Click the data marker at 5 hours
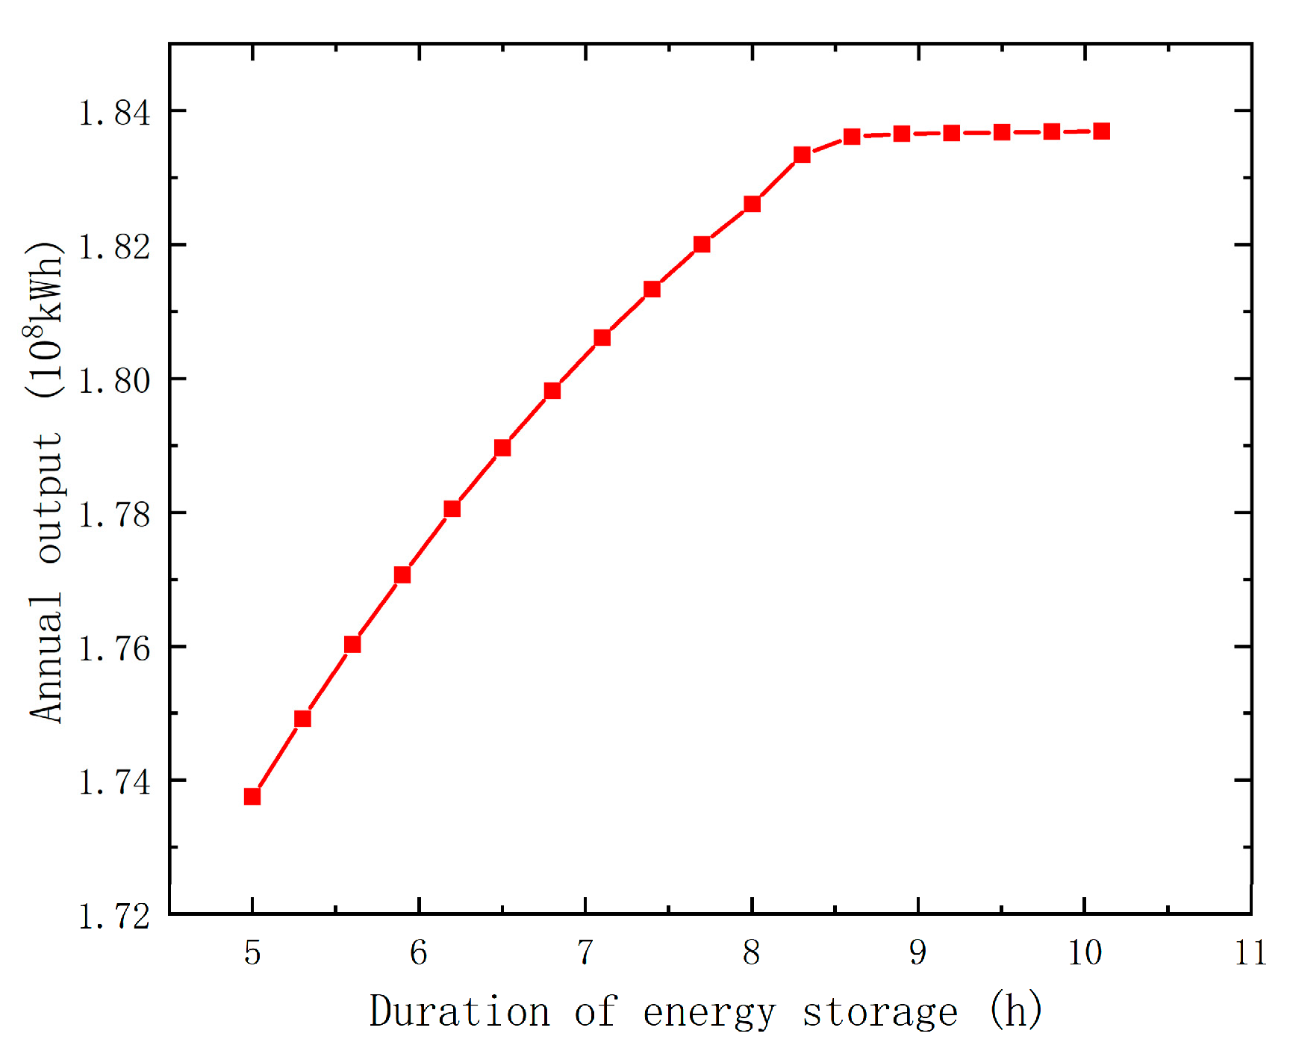coord(252,796)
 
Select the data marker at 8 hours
coord(752,204)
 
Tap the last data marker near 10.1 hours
coord(1101,131)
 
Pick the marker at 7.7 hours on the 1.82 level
coord(702,244)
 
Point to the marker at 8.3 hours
coord(802,155)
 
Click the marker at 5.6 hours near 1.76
coord(352,644)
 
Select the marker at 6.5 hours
coord(502,447)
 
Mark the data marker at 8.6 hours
coord(852,137)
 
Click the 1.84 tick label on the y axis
coord(114,113)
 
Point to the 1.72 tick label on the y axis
coord(114,917)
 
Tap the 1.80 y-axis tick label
coord(114,381)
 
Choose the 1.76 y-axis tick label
coord(114,648)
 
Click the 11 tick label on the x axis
coord(1250,953)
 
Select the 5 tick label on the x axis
coord(252,953)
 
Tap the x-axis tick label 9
coord(917,953)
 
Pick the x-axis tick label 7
coord(585,953)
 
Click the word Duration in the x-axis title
coord(459,1012)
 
